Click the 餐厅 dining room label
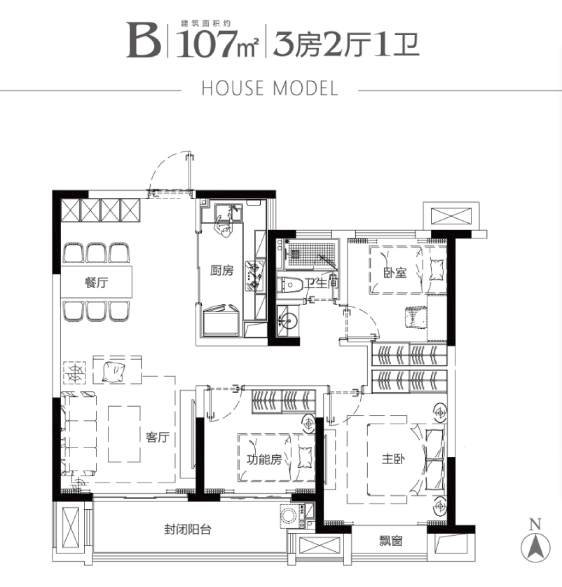96,282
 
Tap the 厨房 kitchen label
222,270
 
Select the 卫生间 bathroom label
321,282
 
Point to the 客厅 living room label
158,437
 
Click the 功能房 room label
265,459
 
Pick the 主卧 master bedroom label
393,459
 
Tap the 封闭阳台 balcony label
188,530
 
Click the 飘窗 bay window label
391,541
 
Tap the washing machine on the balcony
289,515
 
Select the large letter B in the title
143,41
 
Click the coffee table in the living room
124,434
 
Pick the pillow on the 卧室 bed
436,270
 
